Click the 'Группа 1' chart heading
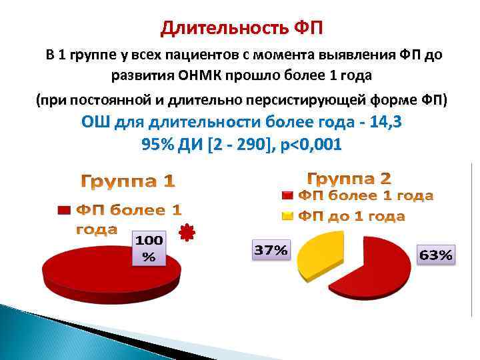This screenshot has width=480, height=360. click(x=129, y=181)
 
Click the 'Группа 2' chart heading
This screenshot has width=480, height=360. click(x=349, y=179)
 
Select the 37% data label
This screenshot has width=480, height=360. click(x=271, y=251)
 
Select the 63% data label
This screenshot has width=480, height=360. click(x=436, y=255)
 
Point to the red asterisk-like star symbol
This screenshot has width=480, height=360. click(x=188, y=233)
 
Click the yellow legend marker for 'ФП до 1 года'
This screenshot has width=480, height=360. click(x=287, y=216)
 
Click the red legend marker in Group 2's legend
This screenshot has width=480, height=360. click(x=287, y=196)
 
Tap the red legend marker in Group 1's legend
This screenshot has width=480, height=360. click(x=64, y=211)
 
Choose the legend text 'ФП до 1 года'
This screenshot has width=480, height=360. click(x=351, y=216)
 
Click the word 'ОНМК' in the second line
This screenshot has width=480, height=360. click(x=200, y=74)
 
